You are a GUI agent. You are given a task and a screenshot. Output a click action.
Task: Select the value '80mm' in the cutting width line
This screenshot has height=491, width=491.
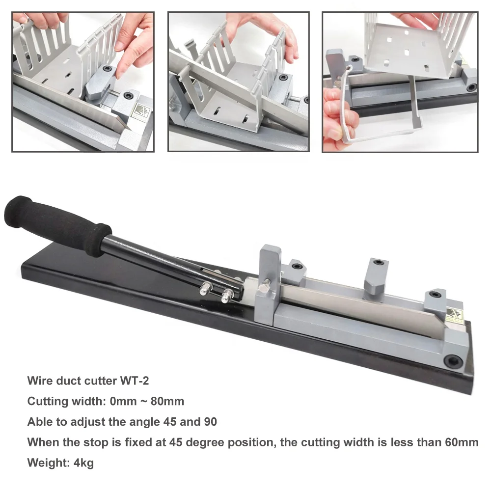pyautogui.click(x=167, y=401)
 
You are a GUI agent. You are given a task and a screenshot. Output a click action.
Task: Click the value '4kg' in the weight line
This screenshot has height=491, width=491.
pyautogui.click(x=83, y=463)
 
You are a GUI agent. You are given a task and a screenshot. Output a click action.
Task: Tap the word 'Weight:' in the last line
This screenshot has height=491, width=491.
pyautogui.click(x=49, y=463)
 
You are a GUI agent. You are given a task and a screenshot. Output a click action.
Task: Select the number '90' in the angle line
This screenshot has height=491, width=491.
pyautogui.click(x=211, y=422)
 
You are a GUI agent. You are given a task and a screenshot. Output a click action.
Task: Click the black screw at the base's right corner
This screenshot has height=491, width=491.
pyautogui.click(x=453, y=362)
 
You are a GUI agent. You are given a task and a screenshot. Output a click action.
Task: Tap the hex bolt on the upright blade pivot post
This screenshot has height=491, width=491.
pyautogui.click(x=266, y=283)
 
